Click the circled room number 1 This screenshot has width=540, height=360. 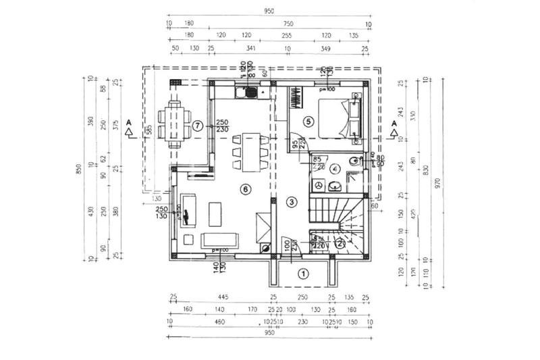(x=304, y=274)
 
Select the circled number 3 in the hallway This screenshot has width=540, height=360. (x=292, y=201)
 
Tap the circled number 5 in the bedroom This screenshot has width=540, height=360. (x=308, y=122)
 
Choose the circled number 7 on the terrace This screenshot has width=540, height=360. (x=197, y=125)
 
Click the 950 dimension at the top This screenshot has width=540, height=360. (x=269, y=11)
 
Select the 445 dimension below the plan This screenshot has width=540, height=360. (x=223, y=297)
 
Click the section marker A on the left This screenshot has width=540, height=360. (x=128, y=122)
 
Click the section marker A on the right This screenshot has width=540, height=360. (x=394, y=122)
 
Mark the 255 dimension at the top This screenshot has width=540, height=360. (x=286, y=36)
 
